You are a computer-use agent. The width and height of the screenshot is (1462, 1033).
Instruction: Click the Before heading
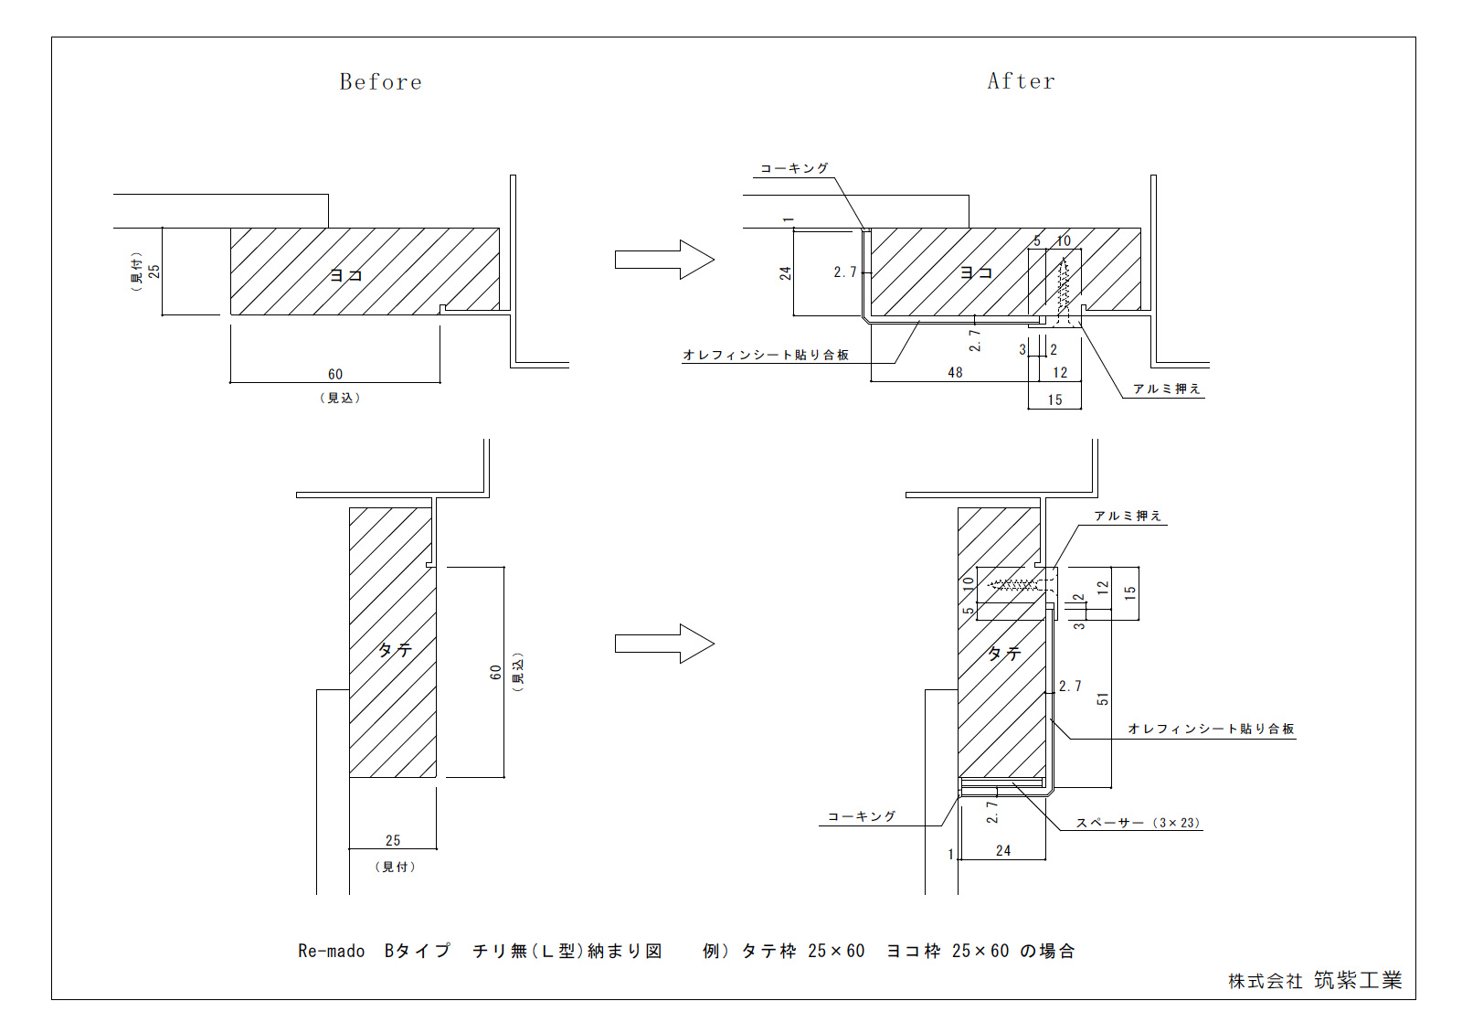click(380, 81)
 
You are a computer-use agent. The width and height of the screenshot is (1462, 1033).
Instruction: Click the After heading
click(1021, 81)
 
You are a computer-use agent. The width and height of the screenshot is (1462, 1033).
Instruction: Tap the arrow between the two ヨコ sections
click(664, 260)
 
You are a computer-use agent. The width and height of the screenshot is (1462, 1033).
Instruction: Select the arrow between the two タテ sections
click(664, 644)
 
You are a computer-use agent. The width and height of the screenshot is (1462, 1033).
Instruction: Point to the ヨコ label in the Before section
click(345, 275)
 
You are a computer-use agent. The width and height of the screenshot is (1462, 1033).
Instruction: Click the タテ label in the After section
click(1004, 653)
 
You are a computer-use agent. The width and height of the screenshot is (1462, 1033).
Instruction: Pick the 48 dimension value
click(955, 372)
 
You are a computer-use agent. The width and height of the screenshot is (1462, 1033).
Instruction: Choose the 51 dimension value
click(1102, 698)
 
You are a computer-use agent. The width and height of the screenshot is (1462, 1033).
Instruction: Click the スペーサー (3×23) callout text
click(1138, 823)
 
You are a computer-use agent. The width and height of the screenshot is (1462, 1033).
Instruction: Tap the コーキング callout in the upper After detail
click(794, 168)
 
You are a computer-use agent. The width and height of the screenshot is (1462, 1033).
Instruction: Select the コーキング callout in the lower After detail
click(862, 816)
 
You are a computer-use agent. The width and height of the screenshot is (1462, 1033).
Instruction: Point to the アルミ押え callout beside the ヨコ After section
click(1166, 389)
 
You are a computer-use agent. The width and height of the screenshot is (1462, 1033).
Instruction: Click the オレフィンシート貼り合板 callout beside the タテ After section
click(1211, 729)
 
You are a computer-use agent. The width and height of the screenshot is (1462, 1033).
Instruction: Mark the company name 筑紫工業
click(1358, 980)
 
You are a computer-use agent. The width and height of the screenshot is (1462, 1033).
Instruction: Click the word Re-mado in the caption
click(331, 951)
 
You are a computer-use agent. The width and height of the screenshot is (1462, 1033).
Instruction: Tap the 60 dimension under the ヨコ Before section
click(334, 374)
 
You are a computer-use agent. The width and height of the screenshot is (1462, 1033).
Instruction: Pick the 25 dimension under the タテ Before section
click(393, 840)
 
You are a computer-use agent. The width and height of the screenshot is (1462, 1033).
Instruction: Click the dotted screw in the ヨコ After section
click(1064, 292)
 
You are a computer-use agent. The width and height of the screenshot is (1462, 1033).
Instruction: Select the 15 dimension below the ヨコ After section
click(1054, 399)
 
